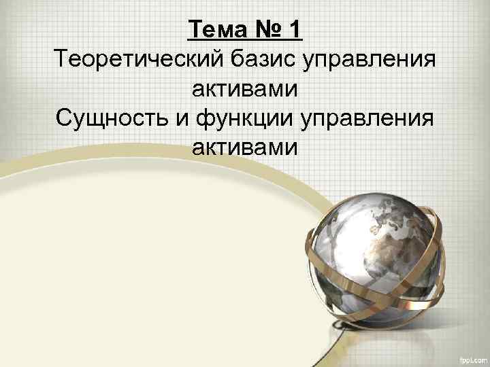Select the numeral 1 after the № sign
point(294,30)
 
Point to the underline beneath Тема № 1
point(245,41)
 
